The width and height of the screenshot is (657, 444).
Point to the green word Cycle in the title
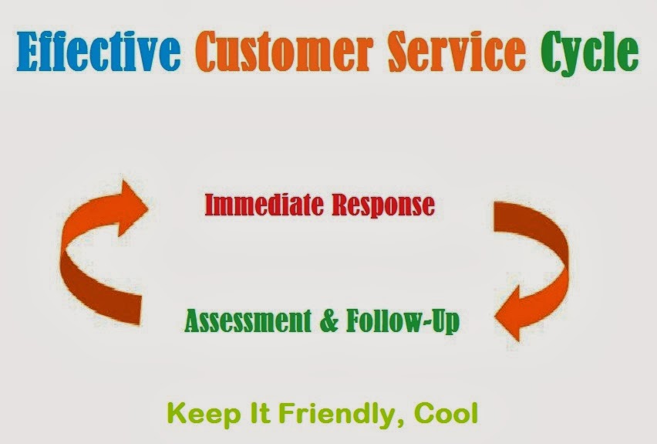tap(588, 53)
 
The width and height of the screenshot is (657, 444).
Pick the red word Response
tap(382, 205)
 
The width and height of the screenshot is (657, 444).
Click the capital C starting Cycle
tap(549, 51)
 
